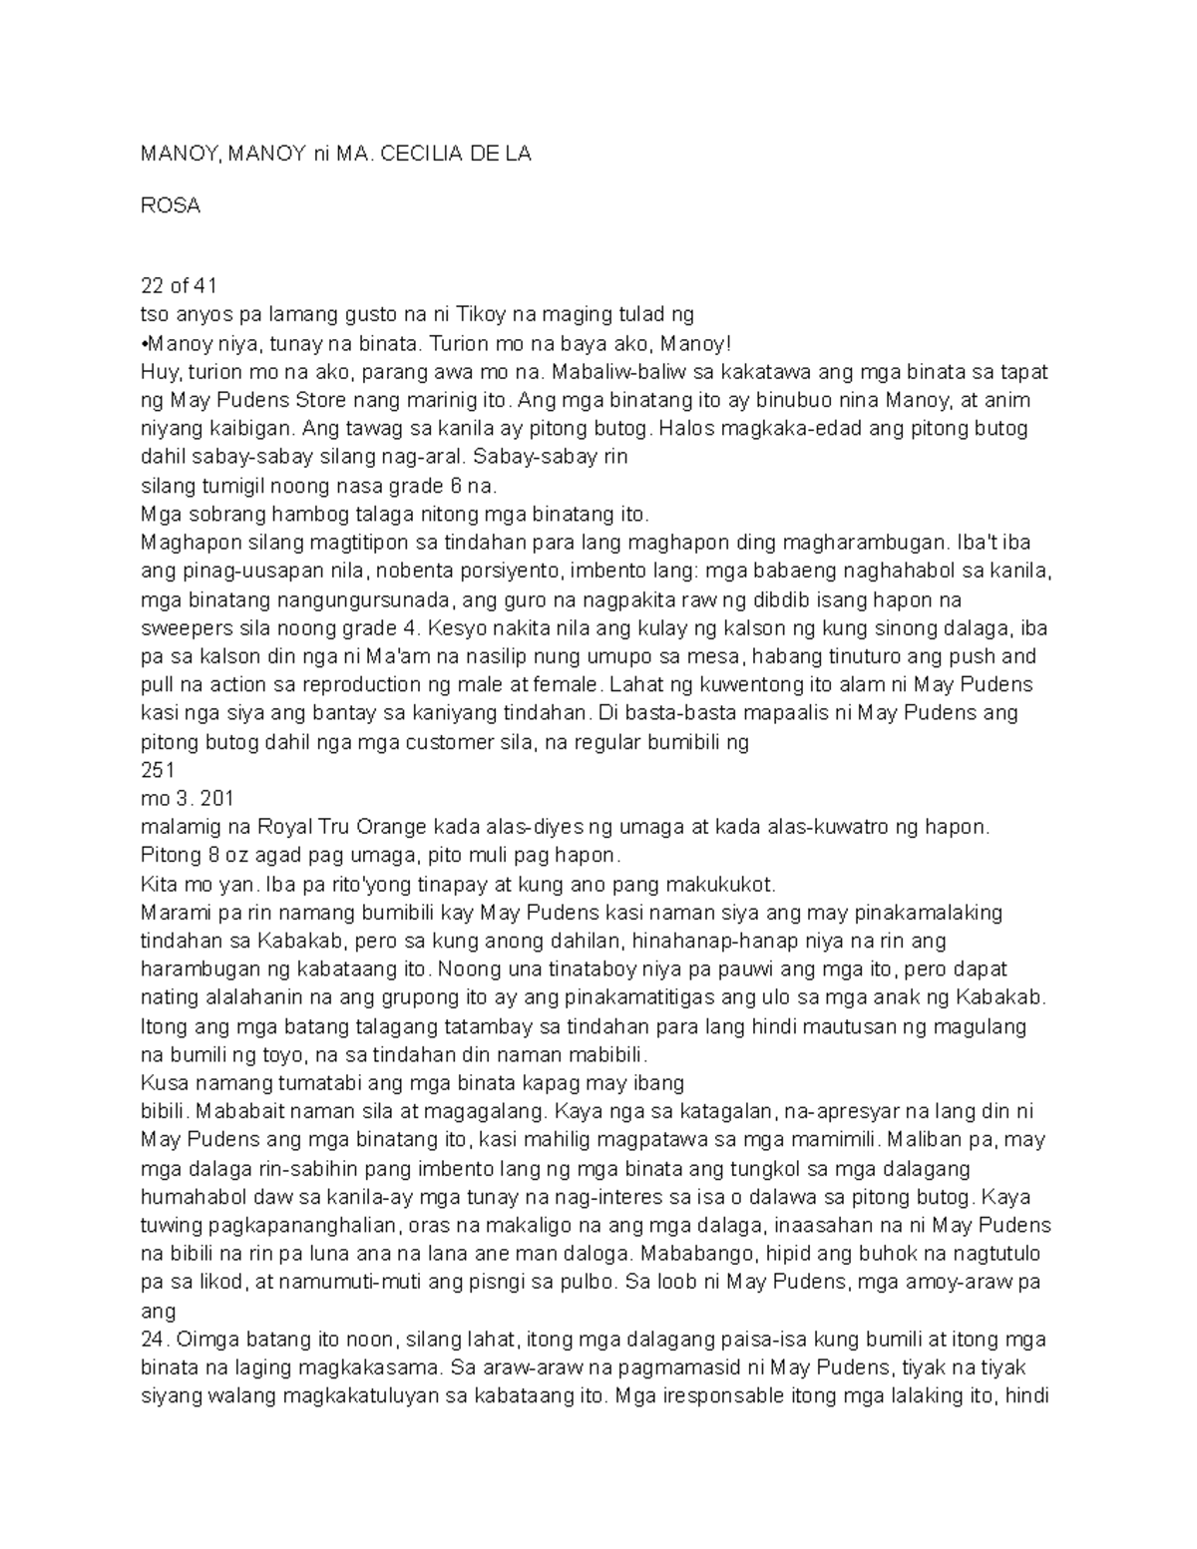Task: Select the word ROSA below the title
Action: click(x=171, y=205)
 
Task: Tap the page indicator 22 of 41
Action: click(x=179, y=286)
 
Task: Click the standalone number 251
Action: click(x=158, y=770)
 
